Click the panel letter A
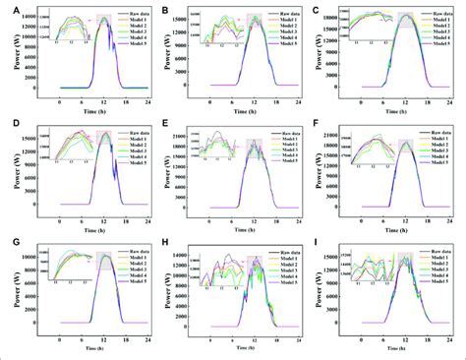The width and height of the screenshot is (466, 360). point(8,11)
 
